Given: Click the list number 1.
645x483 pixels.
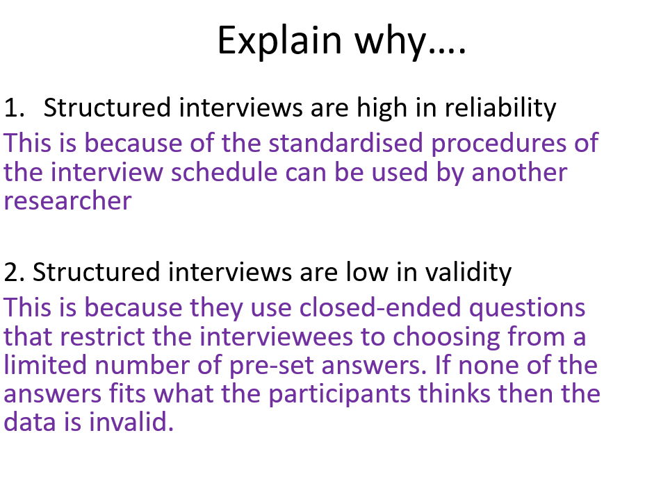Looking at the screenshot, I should point(15,108).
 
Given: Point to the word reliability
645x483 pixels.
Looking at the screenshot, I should point(500,108).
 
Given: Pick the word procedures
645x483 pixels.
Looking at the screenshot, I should point(500,143).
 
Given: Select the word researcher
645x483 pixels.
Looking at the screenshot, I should point(67,201).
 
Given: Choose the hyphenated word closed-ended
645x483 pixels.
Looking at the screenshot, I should point(368,307).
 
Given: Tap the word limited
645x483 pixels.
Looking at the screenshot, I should point(46,366).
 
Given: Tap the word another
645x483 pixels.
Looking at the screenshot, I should point(519,172).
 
